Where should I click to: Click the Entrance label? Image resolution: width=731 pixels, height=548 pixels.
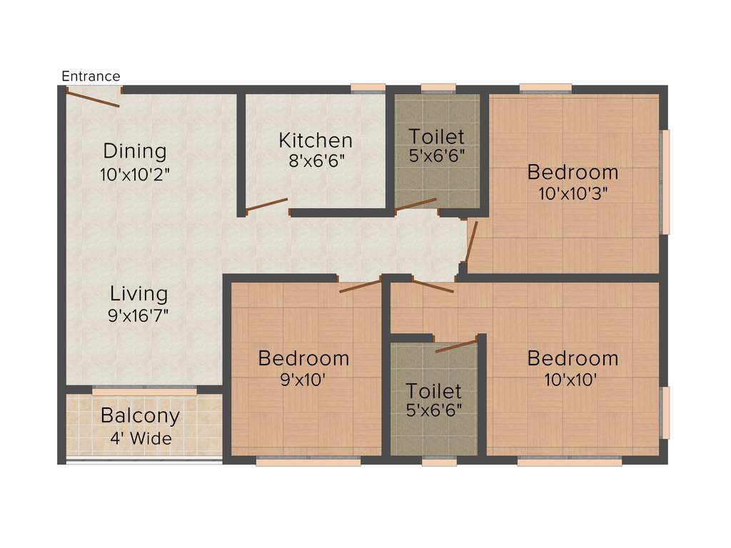coord(91,76)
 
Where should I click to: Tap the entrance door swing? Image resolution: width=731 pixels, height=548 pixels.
coord(93,98)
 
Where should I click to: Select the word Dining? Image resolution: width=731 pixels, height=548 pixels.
coord(135,151)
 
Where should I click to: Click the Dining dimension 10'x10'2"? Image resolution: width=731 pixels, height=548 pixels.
coord(135,173)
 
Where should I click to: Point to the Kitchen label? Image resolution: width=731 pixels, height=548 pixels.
coord(315,140)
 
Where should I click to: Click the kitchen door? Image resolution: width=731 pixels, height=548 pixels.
coord(266,205)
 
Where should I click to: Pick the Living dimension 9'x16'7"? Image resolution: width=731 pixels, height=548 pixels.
coord(138,315)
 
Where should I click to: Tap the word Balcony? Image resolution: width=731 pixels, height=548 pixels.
coord(140,415)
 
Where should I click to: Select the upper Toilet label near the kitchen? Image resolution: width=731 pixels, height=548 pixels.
coord(436,136)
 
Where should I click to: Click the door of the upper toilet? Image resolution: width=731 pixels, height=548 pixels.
coord(415,204)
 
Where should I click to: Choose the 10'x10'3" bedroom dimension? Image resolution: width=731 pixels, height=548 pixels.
coord(573,193)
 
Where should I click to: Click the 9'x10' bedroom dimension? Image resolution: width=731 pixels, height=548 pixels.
coord(303,380)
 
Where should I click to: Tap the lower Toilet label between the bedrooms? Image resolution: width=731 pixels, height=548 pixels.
coord(434,390)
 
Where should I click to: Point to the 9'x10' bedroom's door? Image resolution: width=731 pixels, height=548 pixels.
coord(360,286)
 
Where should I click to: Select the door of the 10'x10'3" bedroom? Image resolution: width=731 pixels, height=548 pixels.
coord(471,243)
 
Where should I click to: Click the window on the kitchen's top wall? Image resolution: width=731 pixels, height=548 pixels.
coord(368,88)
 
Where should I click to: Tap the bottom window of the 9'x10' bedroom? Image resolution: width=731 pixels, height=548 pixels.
coord(308,462)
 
